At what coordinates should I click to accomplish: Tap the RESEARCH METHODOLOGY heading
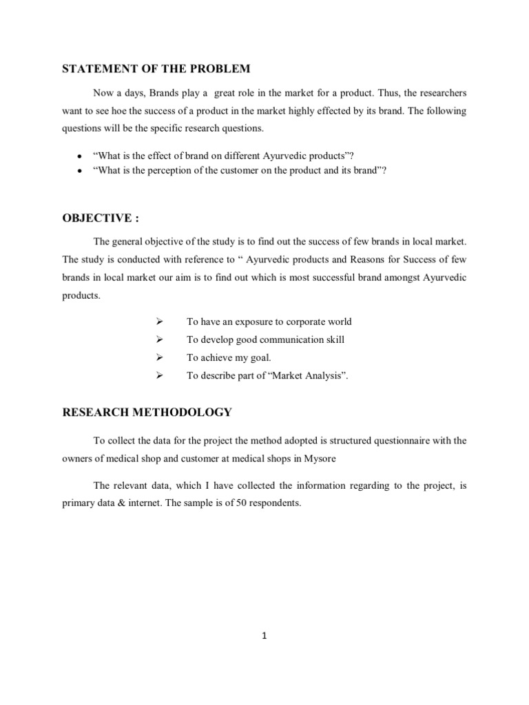147,412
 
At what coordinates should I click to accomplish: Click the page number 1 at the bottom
264,635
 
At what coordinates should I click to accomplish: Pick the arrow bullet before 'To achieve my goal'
159,357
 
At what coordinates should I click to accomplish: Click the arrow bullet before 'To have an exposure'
159,322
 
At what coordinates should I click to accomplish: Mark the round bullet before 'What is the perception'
81,171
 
